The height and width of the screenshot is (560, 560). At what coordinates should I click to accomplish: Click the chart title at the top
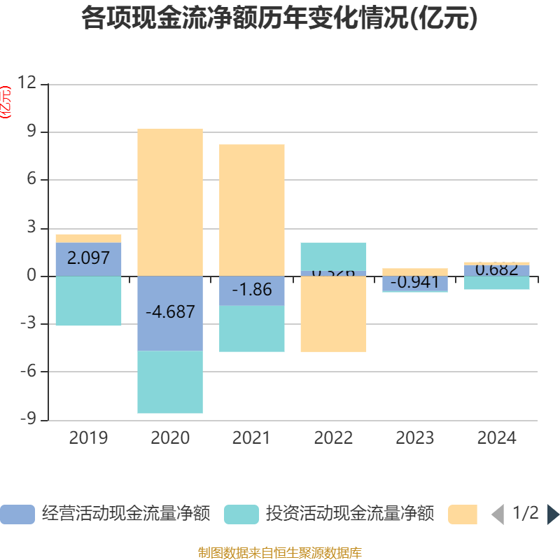tap(280, 18)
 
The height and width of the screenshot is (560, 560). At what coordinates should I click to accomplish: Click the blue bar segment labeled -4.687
tap(170, 313)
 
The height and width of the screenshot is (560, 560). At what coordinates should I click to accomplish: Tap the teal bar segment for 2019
tap(88, 301)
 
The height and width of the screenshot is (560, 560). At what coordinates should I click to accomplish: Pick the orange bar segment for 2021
tap(252, 210)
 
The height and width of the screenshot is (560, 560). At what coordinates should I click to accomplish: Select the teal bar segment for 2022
tap(334, 256)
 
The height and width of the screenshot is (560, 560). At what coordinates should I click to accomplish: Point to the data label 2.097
tap(88, 258)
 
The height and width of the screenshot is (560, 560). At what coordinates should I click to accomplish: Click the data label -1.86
tap(252, 290)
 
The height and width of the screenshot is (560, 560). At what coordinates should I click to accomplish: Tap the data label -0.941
tap(415, 283)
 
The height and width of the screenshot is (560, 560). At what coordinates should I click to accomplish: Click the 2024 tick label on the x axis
tap(496, 438)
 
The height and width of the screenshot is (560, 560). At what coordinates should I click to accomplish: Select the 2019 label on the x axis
tap(88, 438)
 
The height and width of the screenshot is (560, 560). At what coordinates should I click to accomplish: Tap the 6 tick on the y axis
tap(31, 180)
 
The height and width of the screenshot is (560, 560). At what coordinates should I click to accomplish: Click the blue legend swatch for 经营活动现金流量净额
tap(17, 514)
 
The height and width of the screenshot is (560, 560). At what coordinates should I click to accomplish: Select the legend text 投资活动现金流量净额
tap(349, 514)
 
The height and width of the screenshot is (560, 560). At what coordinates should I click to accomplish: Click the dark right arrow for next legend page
tap(553, 514)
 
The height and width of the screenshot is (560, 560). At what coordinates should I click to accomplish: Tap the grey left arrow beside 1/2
tap(497, 514)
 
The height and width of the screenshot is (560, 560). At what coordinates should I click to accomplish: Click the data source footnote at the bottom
tap(280, 553)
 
